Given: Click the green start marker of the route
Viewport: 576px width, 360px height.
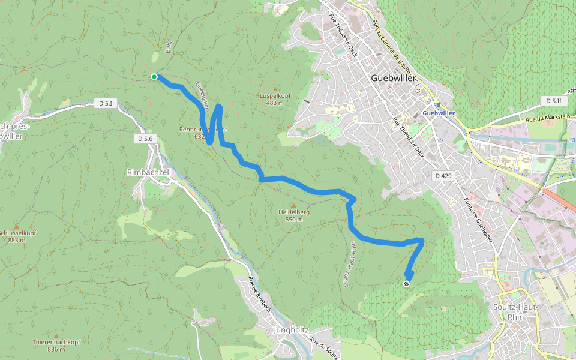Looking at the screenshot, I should coord(154,76).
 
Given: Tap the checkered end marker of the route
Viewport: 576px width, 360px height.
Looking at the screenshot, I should coord(407,284).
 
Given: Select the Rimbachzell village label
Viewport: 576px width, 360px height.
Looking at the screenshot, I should coord(149,172).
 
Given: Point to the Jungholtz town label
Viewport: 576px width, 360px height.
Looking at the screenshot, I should coord(290,330).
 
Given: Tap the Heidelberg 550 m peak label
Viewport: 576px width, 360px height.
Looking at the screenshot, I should coord(294,215).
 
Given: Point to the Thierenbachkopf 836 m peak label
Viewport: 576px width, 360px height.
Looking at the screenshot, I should coord(56,345).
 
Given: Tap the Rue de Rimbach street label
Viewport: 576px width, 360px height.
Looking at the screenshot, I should coord(260,295).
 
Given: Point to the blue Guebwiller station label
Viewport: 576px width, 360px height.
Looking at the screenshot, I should coord(438,113).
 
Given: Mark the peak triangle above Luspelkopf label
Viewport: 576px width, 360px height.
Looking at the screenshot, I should coord(275,89).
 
